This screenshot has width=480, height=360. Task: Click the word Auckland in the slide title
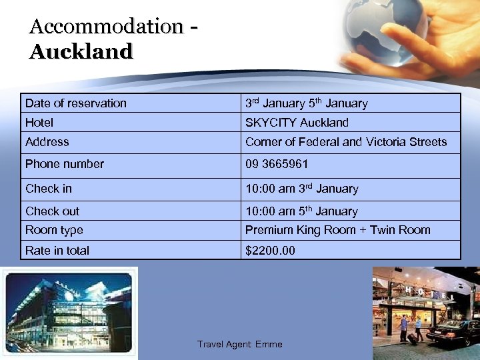tap(81, 51)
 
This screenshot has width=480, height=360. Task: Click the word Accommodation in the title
tap(105, 27)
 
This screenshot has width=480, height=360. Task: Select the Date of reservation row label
tap(75, 103)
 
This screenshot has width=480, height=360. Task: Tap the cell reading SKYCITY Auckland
tap(297, 123)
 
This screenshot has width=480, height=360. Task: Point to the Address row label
tap(47, 142)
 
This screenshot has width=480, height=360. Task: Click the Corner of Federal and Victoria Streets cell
tap(346, 142)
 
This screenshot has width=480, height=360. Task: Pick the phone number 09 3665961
tap(277, 164)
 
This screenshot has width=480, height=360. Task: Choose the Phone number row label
tap(65, 164)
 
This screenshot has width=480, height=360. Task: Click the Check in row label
tap(48, 189)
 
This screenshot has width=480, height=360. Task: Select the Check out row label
tap(52, 211)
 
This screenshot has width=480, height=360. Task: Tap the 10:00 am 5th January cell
tap(301, 211)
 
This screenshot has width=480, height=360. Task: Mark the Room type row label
tap(54, 230)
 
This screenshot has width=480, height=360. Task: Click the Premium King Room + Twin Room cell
tap(337, 230)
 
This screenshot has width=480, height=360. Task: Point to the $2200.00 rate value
tap(270, 251)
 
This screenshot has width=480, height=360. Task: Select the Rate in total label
tap(57, 251)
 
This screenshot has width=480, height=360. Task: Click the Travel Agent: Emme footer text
tap(239, 345)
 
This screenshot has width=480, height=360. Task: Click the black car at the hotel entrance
tap(453, 331)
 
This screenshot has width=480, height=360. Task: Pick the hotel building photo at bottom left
tap(68, 311)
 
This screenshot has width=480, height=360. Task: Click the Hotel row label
tap(39, 123)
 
